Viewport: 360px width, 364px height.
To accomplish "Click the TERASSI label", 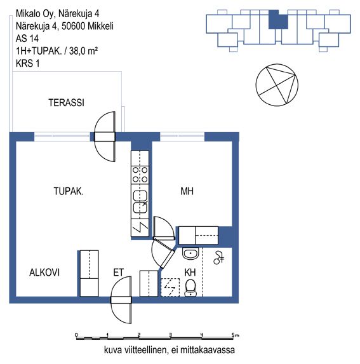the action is (66, 103).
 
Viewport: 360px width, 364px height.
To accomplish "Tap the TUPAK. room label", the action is (69, 191).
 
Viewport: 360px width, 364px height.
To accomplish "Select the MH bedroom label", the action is (187, 191).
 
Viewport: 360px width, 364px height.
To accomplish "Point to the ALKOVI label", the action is (44, 273).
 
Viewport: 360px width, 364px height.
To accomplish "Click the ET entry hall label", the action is (119, 273).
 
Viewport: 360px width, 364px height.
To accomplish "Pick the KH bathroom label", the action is (190, 273).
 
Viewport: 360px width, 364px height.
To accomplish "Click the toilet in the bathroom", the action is (190, 288).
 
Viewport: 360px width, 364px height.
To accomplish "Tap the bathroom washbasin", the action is (190, 253).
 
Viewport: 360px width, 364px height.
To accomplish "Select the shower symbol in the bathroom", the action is (218, 258).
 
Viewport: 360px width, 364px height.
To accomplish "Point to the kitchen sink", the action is (140, 202).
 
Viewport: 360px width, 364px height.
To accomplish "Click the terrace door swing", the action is (105, 137).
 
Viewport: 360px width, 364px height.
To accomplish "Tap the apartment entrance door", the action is (121, 300).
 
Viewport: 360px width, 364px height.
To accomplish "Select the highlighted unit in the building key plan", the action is (278, 20).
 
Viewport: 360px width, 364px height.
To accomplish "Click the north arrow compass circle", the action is (277, 85).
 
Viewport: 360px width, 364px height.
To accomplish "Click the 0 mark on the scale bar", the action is (76, 335).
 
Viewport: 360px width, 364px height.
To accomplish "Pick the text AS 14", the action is (27, 39).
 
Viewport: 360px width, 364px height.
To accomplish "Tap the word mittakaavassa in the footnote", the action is (208, 350).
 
